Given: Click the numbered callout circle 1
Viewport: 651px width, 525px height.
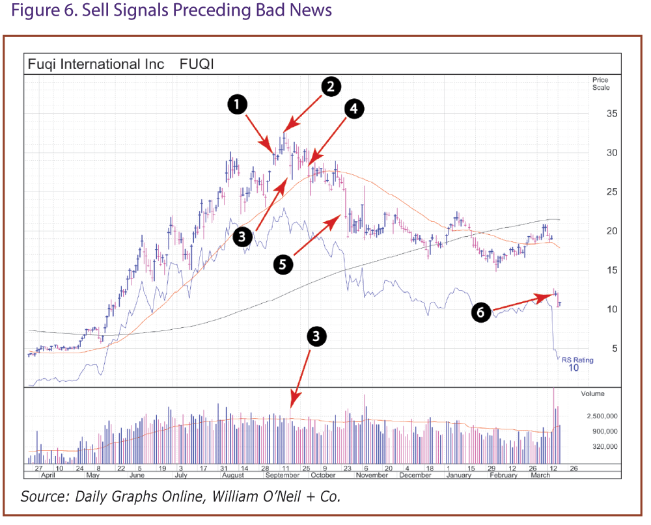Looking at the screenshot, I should click(x=237, y=104).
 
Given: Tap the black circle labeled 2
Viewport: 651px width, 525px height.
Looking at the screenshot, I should click(x=331, y=87).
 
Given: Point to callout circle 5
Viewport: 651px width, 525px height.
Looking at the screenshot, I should click(x=283, y=264).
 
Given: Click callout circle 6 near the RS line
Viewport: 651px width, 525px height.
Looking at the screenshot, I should click(x=480, y=313).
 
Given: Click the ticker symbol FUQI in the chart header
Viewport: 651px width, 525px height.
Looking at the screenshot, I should click(x=197, y=64).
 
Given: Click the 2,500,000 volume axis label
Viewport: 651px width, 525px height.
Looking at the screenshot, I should click(x=602, y=416).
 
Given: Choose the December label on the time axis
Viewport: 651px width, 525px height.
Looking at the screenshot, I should click(x=415, y=476).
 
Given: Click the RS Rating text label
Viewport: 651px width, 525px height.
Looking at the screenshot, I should click(x=577, y=360).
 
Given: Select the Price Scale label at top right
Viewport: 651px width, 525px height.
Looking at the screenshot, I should click(x=600, y=84).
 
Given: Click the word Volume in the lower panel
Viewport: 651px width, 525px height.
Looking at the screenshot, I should click(x=592, y=394).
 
